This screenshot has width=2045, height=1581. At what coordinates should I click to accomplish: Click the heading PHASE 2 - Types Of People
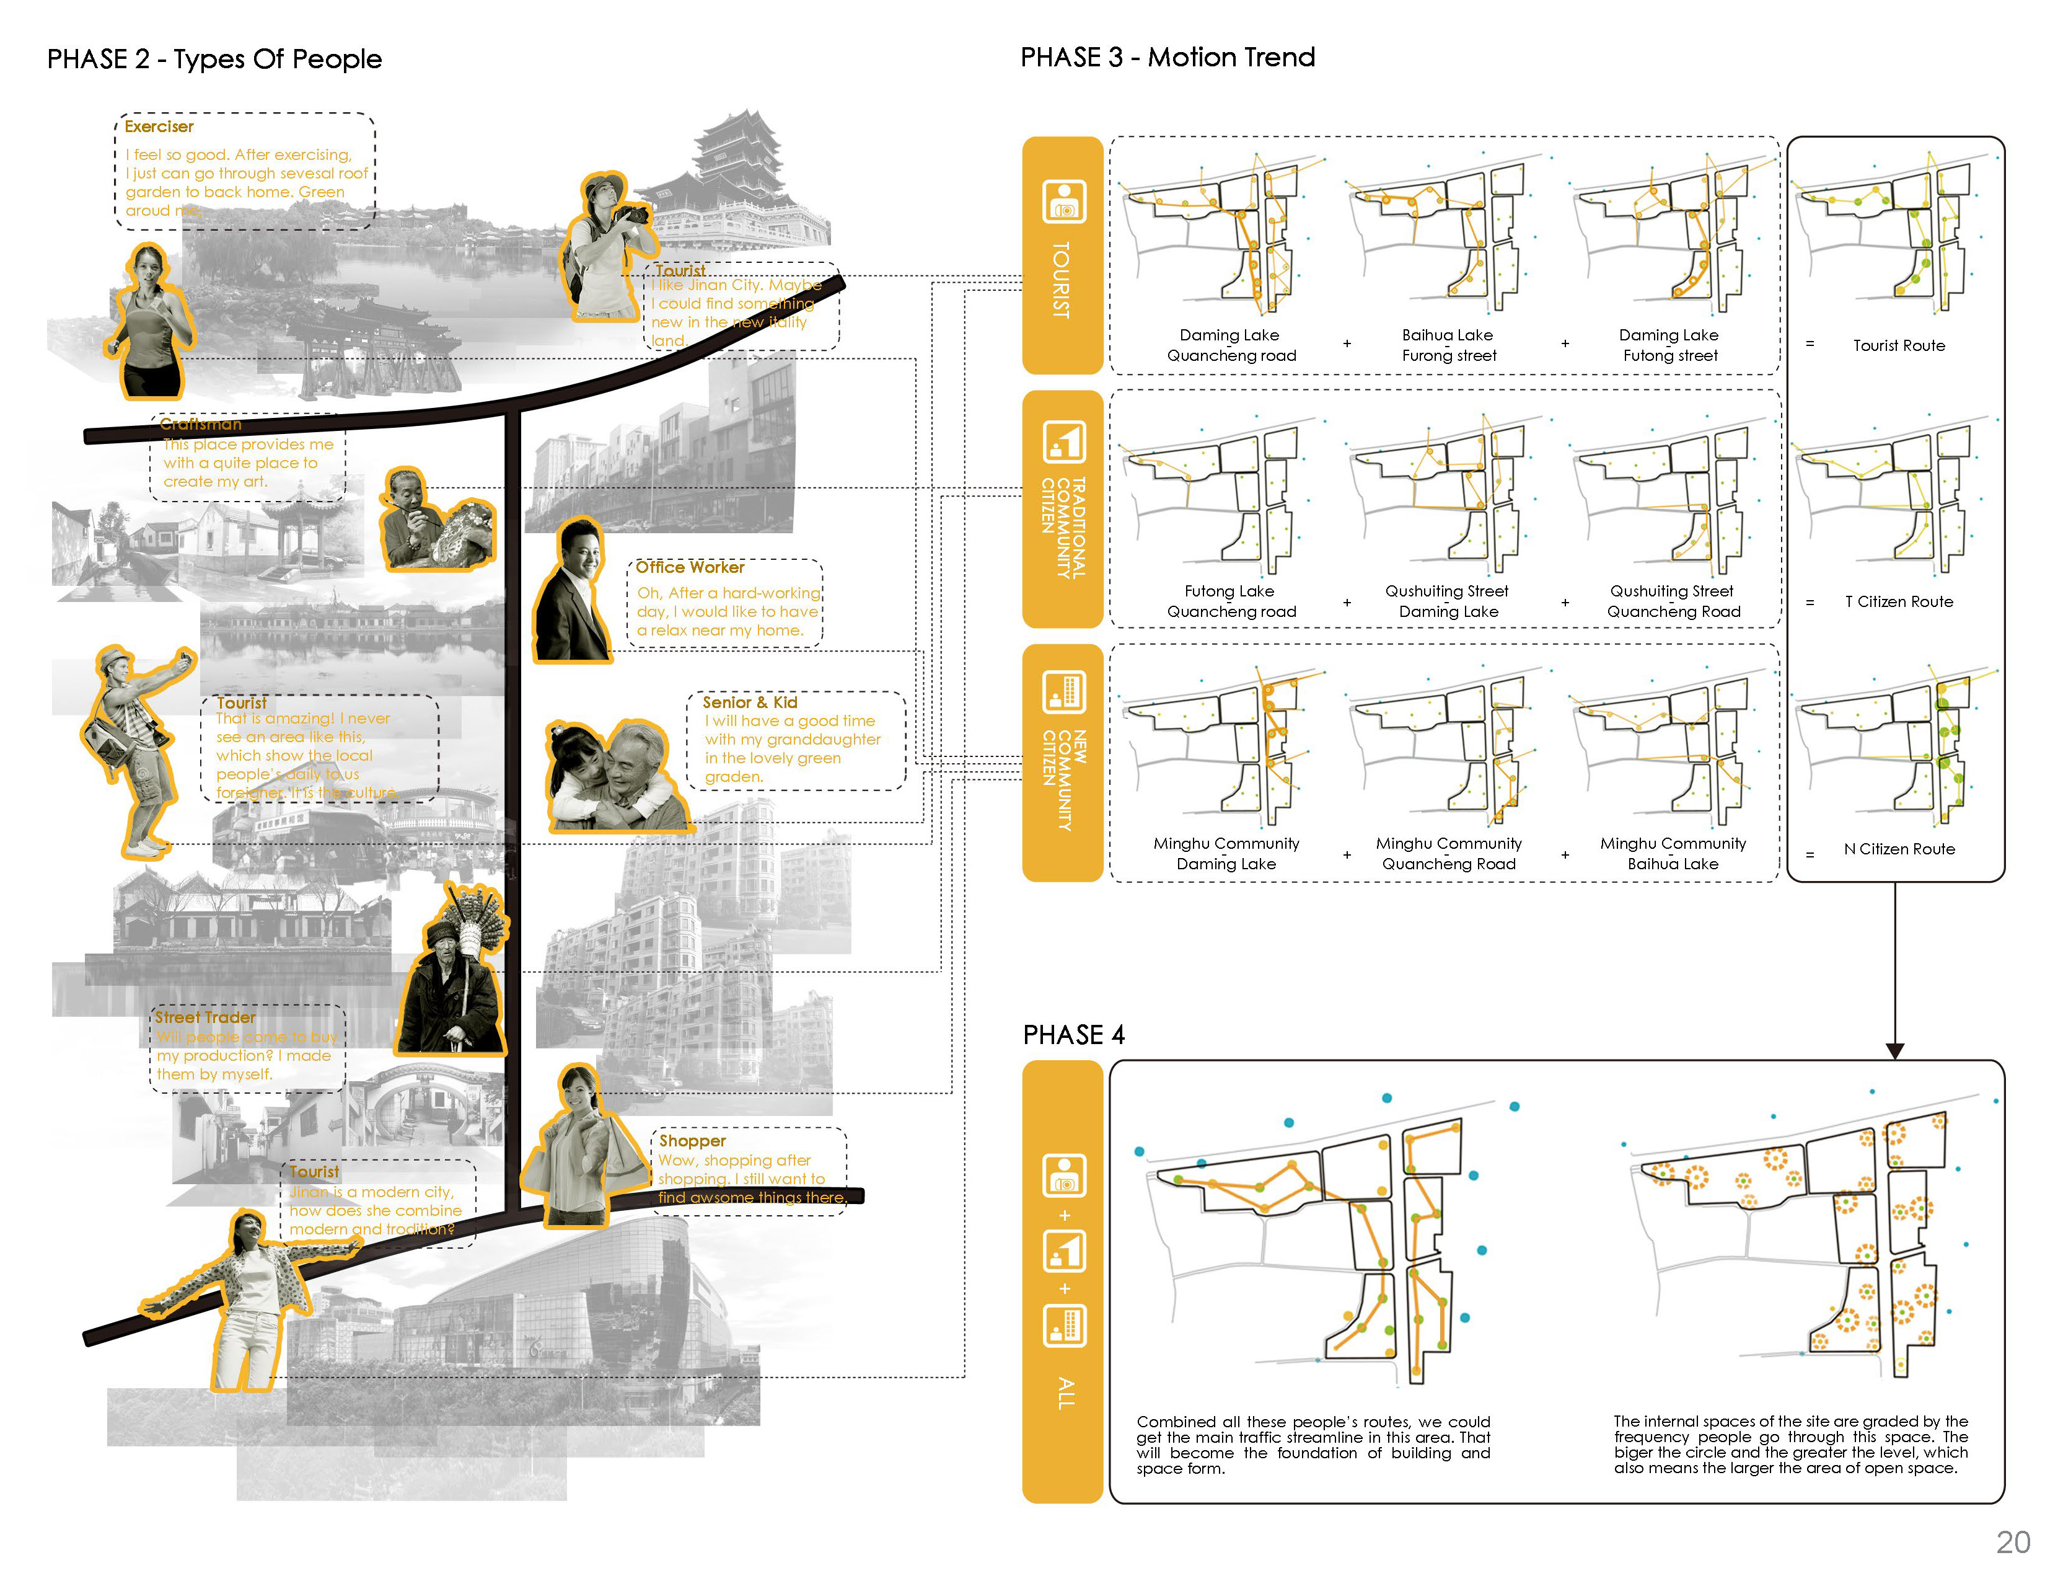pyautogui.click(x=214, y=59)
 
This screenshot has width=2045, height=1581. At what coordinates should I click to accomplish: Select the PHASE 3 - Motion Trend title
pyautogui.click(x=1167, y=57)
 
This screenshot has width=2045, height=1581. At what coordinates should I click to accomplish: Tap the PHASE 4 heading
pyautogui.click(x=1073, y=1034)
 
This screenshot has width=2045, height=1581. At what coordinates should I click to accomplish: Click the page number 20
pyautogui.click(x=2012, y=1542)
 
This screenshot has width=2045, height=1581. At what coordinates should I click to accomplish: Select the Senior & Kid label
pyautogui.click(x=749, y=701)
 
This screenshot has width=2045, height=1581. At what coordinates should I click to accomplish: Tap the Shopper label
pyautogui.click(x=692, y=1140)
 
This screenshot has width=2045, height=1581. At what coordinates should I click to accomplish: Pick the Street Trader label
pyautogui.click(x=205, y=1016)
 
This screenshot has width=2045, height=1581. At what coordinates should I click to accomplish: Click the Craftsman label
pyautogui.click(x=200, y=424)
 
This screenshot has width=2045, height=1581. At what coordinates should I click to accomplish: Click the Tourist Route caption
pyautogui.click(x=1898, y=345)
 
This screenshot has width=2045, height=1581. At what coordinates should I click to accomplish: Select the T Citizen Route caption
pyautogui.click(x=1898, y=601)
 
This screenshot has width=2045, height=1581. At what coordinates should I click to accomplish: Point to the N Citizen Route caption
pyautogui.click(x=1899, y=849)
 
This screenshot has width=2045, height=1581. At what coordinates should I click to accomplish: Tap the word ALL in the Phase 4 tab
pyautogui.click(x=1065, y=1393)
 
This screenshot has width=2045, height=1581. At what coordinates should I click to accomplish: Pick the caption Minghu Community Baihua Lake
pyautogui.click(x=1673, y=853)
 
